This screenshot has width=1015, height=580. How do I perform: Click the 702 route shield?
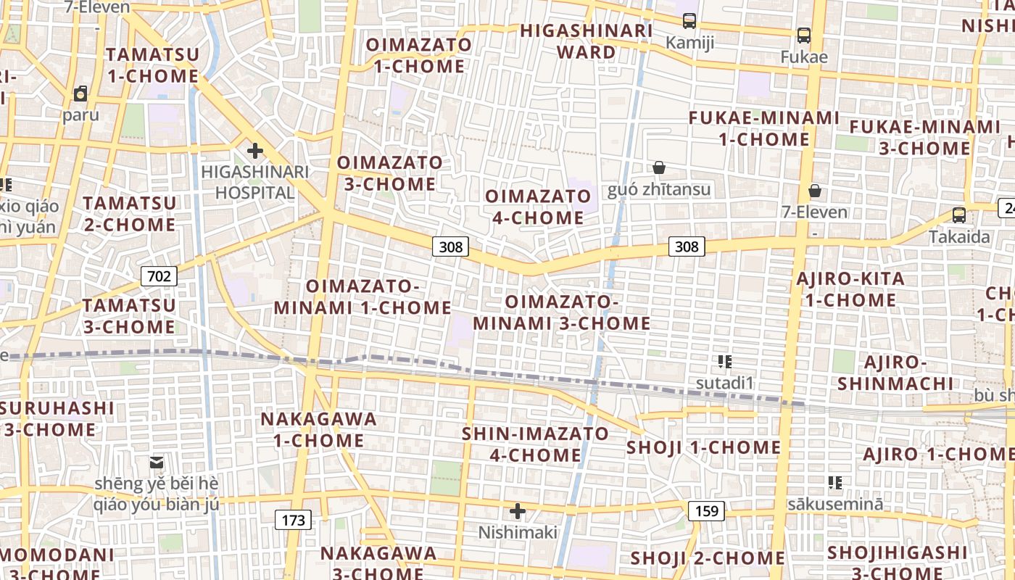[159, 275]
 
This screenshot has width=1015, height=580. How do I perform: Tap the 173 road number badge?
[293, 520]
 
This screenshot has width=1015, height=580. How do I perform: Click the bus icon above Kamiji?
[689, 21]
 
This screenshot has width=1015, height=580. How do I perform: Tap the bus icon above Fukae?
[803, 35]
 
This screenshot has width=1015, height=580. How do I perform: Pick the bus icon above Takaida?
[959, 215]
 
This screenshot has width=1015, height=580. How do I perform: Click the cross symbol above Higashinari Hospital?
[255, 151]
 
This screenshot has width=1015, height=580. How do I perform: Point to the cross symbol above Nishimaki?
[518, 511]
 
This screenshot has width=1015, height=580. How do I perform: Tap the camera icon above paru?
[80, 94]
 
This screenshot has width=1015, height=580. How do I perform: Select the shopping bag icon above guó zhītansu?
[659, 168]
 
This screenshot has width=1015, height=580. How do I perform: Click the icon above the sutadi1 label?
[725, 361]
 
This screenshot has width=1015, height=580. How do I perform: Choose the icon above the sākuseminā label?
[835, 482]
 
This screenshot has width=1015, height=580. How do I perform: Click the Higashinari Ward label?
[587, 41]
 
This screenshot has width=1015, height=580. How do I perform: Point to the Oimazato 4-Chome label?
[538, 207]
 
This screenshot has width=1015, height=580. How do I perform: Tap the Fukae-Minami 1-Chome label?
[763, 128]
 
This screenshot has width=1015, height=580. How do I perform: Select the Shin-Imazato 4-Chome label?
[536, 444]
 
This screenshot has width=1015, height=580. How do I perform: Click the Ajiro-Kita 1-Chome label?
[850, 289]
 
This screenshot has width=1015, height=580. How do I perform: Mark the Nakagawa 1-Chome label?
[318, 429]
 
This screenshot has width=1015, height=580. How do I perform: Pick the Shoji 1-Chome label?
[703, 447]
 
